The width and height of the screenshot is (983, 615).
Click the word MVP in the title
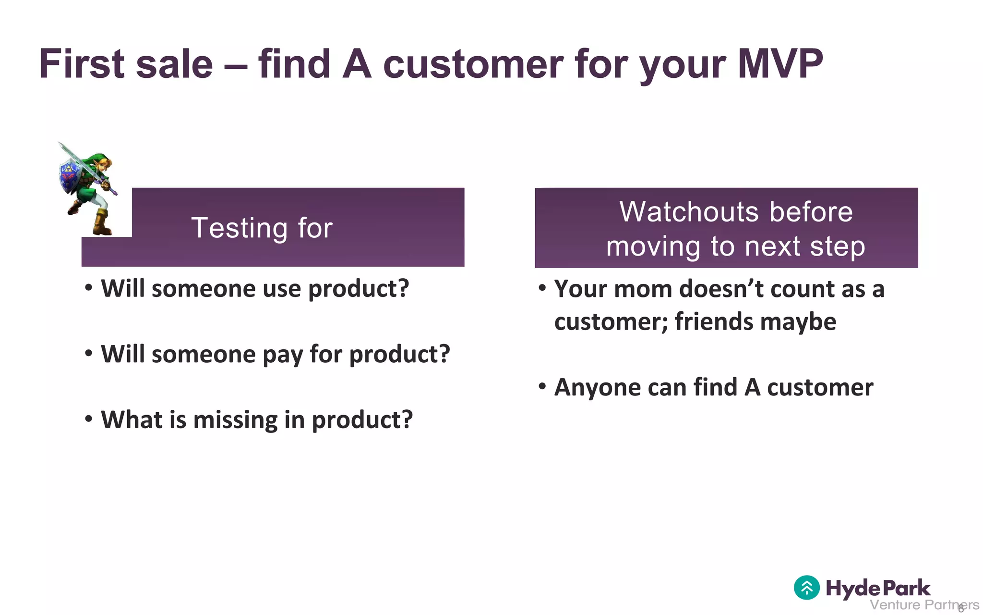click(x=779, y=64)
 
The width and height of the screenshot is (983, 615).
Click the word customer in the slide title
click(x=473, y=64)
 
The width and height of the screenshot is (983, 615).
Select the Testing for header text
click(x=262, y=228)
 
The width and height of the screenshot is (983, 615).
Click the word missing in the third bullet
click(x=235, y=420)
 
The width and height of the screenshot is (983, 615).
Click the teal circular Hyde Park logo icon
click(x=806, y=587)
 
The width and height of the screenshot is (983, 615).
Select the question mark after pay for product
click(x=444, y=355)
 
